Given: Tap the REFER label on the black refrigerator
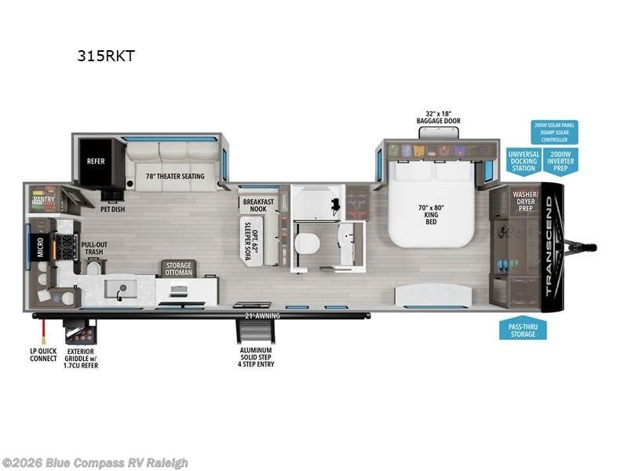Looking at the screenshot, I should pos(96,162).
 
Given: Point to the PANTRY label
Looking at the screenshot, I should pos(43,200).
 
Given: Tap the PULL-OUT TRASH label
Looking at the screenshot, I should pos(95,249).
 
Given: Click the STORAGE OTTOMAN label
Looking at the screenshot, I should pos(178,269).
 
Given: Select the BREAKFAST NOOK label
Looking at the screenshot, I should pos(257,205).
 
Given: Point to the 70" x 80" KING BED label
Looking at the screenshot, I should pos(431,214).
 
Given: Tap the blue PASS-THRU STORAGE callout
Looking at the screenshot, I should pos(523,329).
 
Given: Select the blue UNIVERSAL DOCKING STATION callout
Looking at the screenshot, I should pos(523,161).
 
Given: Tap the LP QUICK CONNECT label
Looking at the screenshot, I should pos(43,354).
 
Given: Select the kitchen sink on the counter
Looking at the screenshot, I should pos(123,291).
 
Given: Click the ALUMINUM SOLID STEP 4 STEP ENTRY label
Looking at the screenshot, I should pos(257,356).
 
